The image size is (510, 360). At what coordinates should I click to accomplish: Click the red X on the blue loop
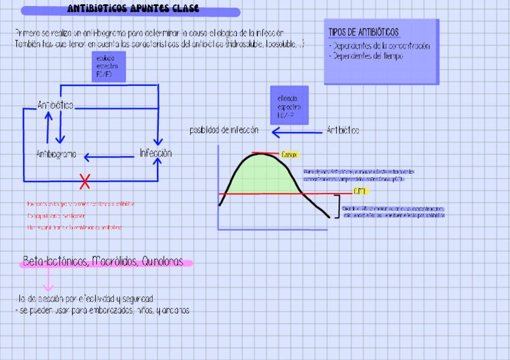tap(85, 180)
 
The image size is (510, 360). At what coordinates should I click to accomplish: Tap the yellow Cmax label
tap(289, 154)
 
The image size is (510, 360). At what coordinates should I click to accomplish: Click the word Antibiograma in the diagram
tap(57, 154)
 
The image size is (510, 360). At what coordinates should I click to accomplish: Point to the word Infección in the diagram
tap(156, 153)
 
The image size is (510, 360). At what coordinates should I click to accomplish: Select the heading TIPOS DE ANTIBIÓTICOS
tap(363, 32)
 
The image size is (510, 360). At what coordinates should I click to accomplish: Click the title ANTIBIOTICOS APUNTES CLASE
tap(134, 10)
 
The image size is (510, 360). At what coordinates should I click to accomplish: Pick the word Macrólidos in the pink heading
tap(113, 261)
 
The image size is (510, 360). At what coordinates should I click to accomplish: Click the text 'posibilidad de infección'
tap(224, 130)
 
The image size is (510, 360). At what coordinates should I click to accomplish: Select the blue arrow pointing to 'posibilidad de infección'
tap(296, 132)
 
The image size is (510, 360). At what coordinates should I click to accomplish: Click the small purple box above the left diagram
tap(108, 66)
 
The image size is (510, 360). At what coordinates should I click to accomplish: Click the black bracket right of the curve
tap(335, 206)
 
